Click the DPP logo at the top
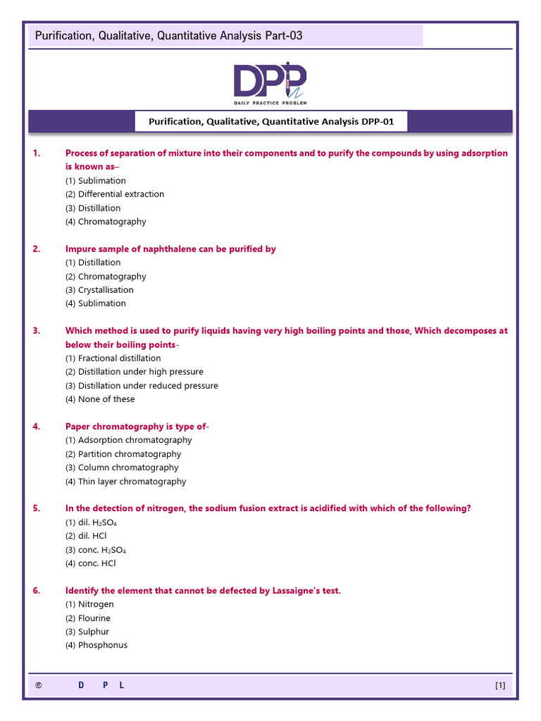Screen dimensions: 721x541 tap(270, 81)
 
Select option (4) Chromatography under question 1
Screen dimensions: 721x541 tap(106, 222)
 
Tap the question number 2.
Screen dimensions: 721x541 tap(37, 249)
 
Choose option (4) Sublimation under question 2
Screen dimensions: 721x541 tap(96, 303)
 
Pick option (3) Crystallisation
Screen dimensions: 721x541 tap(99, 290)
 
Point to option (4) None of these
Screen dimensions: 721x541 tap(100, 399)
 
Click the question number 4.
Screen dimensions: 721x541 tap(37, 426)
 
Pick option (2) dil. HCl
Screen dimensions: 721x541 tap(86, 536)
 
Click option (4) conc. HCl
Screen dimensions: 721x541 tap(91, 563)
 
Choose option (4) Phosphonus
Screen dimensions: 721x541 tap(97, 646)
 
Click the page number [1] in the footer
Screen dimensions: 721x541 tap(500, 685)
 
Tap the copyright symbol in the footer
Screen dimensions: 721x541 tap(38, 685)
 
